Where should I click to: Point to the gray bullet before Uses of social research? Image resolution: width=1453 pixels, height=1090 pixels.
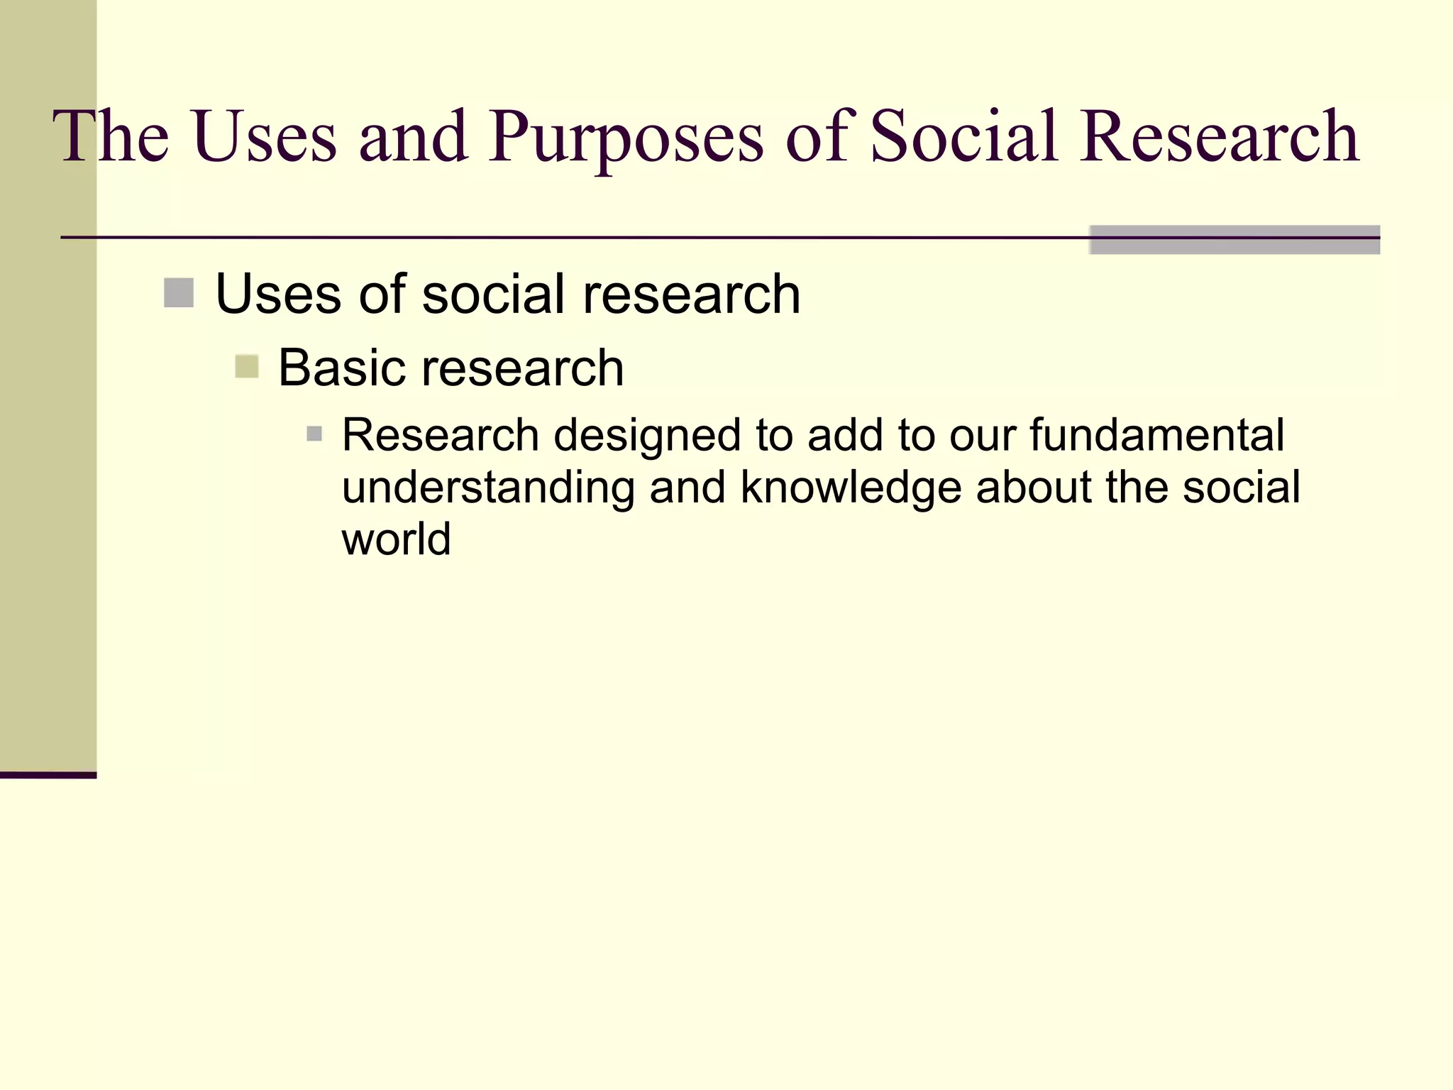pyautogui.click(x=179, y=293)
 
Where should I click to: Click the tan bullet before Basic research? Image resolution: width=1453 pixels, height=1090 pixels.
pyautogui.click(x=246, y=367)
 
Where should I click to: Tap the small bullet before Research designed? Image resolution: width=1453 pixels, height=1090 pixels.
pyautogui.click(x=314, y=434)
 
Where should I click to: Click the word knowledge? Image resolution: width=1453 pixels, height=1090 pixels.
pyautogui.click(x=851, y=488)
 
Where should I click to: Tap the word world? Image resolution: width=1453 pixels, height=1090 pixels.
pyautogui.click(x=396, y=539)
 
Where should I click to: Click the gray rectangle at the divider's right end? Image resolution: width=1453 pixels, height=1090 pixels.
pyautogui.click(x=1234, y=240)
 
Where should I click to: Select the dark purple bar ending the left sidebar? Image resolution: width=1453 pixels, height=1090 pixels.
pyautogui.click(x=48, y=775)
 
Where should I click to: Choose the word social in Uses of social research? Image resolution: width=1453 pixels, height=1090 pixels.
pyautogui.click(x=495, y=294)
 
